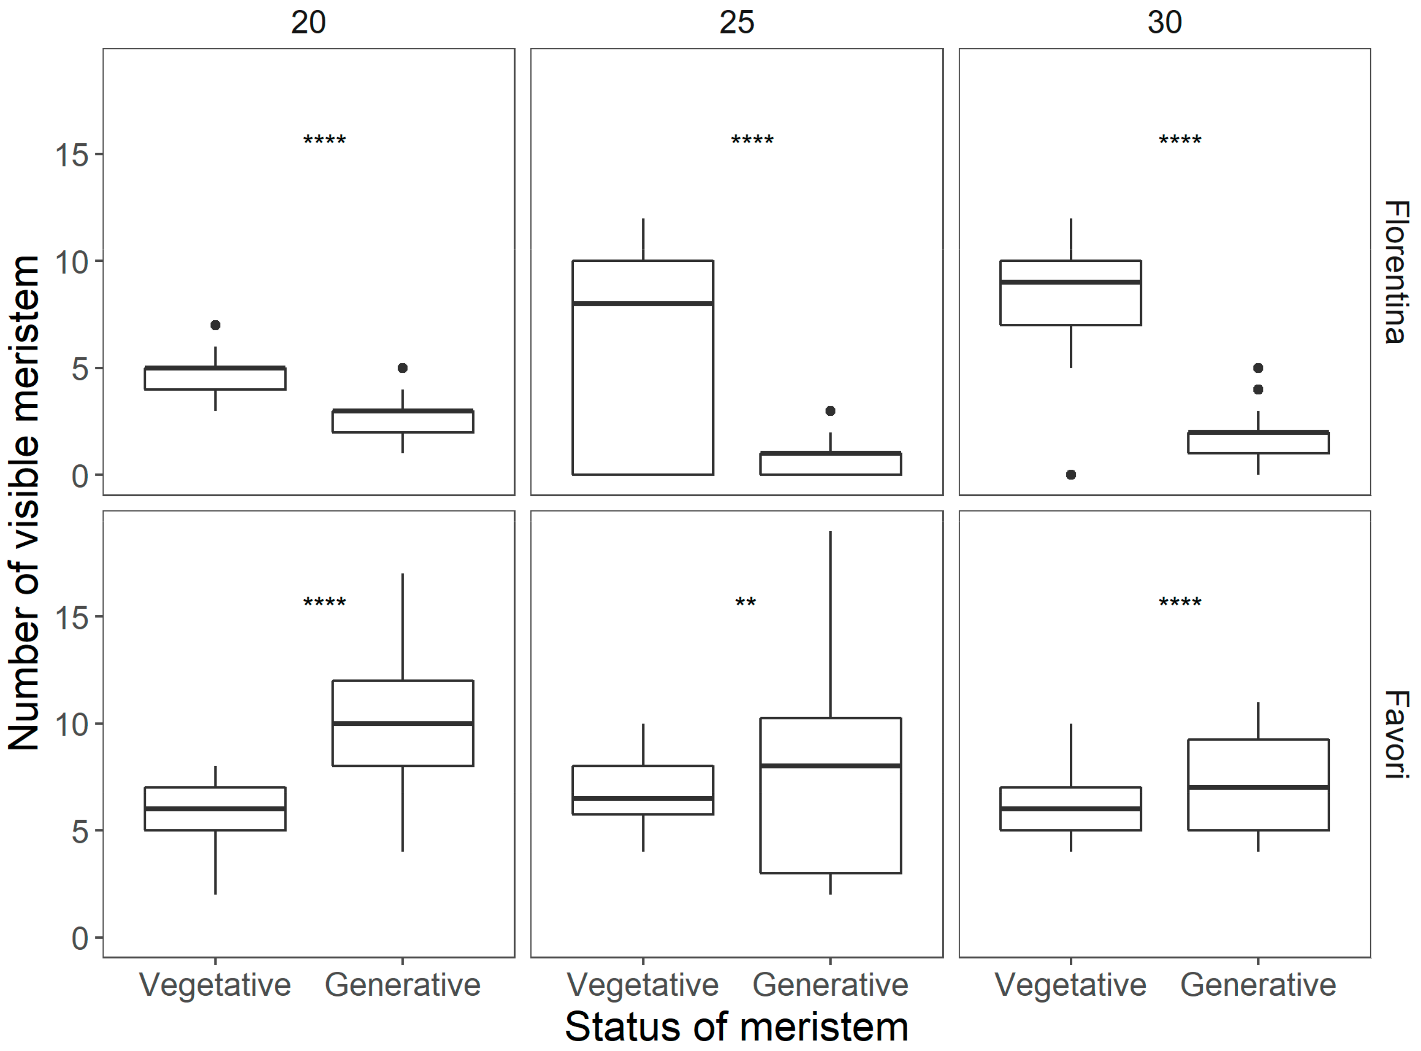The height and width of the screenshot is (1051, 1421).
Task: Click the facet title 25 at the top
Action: point(736,23)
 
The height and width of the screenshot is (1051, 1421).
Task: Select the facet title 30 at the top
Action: point(1164,23)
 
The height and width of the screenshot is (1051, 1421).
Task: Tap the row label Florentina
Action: point(1397,272)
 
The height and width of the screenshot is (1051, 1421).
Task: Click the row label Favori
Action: point(1397,734)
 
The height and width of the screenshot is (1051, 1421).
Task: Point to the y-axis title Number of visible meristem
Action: point(24,502)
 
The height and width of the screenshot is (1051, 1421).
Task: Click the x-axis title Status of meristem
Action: point(736,1026)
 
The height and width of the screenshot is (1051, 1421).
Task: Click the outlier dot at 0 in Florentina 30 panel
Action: point(1071,475)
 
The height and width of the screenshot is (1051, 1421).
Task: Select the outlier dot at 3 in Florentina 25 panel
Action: point(830,411)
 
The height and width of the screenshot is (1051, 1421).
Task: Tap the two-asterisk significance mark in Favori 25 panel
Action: point(745,602)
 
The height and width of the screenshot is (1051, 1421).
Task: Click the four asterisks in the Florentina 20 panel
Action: point(325,140)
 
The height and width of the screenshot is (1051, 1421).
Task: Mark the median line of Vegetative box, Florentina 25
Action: point(643,303)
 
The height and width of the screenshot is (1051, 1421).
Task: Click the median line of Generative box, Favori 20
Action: point(403,723)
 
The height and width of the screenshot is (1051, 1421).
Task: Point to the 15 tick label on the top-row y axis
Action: point(72,154)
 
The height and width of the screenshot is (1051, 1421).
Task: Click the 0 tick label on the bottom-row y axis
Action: point(80,938)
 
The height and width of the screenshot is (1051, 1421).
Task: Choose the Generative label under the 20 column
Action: point(403,985)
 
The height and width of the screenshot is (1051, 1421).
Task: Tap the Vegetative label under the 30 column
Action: point(1071,985)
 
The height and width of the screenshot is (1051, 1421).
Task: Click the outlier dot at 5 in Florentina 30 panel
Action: point(1258,368)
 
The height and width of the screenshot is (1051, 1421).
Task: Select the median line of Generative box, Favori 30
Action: point(1258,788)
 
